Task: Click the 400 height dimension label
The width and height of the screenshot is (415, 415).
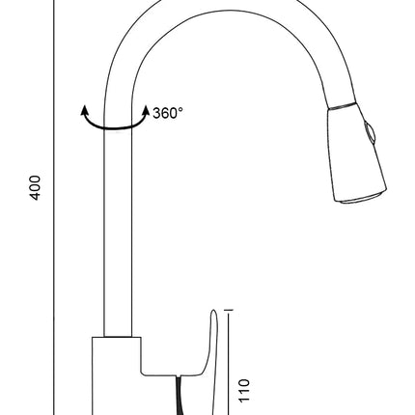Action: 35,188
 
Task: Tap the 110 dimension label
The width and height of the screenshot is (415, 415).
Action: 244,390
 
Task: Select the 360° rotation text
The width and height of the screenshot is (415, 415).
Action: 168,113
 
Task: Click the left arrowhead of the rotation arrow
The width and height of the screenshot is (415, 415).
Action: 85,110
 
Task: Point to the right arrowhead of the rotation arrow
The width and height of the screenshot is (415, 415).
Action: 146,110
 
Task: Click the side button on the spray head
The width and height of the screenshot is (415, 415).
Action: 370,133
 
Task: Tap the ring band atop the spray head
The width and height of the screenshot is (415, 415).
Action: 343,106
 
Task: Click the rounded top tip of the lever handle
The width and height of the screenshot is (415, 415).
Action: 214,311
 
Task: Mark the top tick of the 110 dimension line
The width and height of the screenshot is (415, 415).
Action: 229,310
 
